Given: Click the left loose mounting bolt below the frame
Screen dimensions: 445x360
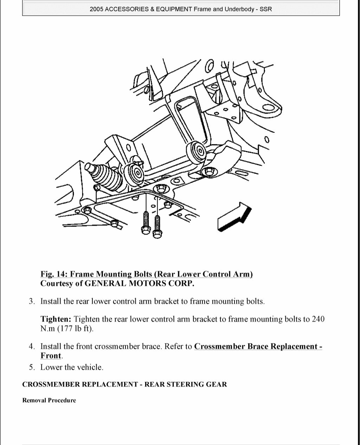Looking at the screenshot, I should click(145, 223).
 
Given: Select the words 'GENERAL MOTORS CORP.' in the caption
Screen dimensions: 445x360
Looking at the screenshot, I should click(140, 283).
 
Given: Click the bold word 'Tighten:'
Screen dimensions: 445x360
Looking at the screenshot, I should click(56, 319).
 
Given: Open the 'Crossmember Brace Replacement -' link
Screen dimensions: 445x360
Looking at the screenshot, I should click(258, 346).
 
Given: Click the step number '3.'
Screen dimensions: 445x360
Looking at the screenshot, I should click(32, 301).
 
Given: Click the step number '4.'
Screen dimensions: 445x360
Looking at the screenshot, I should click(32, 346).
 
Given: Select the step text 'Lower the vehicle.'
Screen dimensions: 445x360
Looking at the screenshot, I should click(72, 367).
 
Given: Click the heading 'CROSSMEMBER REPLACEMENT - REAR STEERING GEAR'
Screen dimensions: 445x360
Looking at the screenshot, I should click(124, 384).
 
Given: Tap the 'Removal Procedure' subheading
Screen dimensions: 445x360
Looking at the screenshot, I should click(49, 400).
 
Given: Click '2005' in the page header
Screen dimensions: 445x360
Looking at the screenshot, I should click(96, 9).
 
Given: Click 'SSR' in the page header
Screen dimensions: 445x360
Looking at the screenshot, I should click(266, 9).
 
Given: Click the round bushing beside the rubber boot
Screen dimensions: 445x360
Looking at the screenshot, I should click(135, 172).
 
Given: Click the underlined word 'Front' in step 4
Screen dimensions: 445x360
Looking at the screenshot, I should click(51, 355).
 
